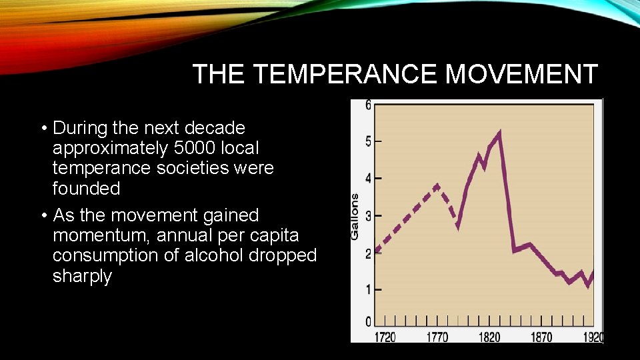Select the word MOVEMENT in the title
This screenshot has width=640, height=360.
point(521,74)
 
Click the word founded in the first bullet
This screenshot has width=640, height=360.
point(86,189)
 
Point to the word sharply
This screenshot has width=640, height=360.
point(82,276)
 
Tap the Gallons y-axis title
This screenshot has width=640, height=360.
point(355,216)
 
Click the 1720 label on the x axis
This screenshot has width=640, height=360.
point(385,337)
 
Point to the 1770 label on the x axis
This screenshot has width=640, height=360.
point(437,337)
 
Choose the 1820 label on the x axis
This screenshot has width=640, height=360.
point(489,337)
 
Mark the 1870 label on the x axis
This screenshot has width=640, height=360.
point(541,337)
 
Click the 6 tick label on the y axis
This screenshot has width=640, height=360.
point(369,105)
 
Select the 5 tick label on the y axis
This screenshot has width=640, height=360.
point(369,141)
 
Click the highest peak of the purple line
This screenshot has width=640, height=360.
point(499,132)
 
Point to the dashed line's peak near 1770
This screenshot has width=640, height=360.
point(437,185)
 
